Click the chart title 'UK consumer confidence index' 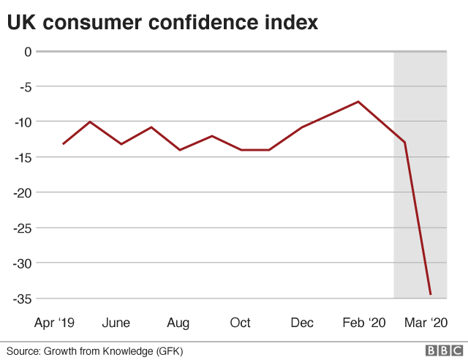pos(162,23)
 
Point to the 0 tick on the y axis pos(28,51)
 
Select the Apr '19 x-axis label pos(55,323)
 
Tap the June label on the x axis pos(116,323)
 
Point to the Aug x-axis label pos(178,323)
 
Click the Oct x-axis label pos(240,323)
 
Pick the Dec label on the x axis pos(302,323)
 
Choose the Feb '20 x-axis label pos(363,323)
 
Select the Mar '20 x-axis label pos(426,323)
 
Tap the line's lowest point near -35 pos(431,295)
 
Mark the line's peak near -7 pos(358,102)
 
